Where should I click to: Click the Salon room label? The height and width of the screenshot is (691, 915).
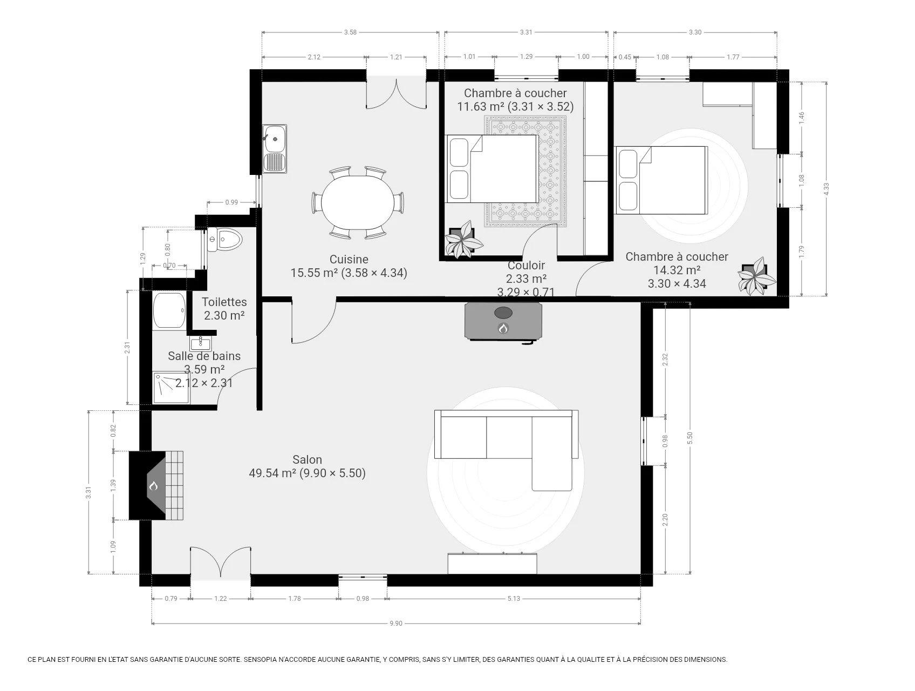pos(307,459)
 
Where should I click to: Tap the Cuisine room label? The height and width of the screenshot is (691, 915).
pos(349,259)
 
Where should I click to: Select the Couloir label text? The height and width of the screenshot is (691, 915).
pos(526,265)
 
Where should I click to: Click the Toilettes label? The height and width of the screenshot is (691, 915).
pos(224,302)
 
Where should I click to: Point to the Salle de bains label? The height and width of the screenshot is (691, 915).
pos(204,356)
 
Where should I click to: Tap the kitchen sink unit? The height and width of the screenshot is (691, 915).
pos(275,149)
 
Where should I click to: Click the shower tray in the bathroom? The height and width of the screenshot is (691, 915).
pos(171,388)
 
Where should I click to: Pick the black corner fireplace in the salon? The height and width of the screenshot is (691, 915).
pos(156,485)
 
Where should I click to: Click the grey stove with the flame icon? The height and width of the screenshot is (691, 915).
pos(503,321)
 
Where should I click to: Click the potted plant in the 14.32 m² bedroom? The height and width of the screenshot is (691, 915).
pos(757,277)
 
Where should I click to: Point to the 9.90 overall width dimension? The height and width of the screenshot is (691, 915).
pos(396,624)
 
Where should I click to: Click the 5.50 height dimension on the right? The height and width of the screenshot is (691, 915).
pos(689,438)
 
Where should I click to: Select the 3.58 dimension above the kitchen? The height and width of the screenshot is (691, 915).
pos(350,32)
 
